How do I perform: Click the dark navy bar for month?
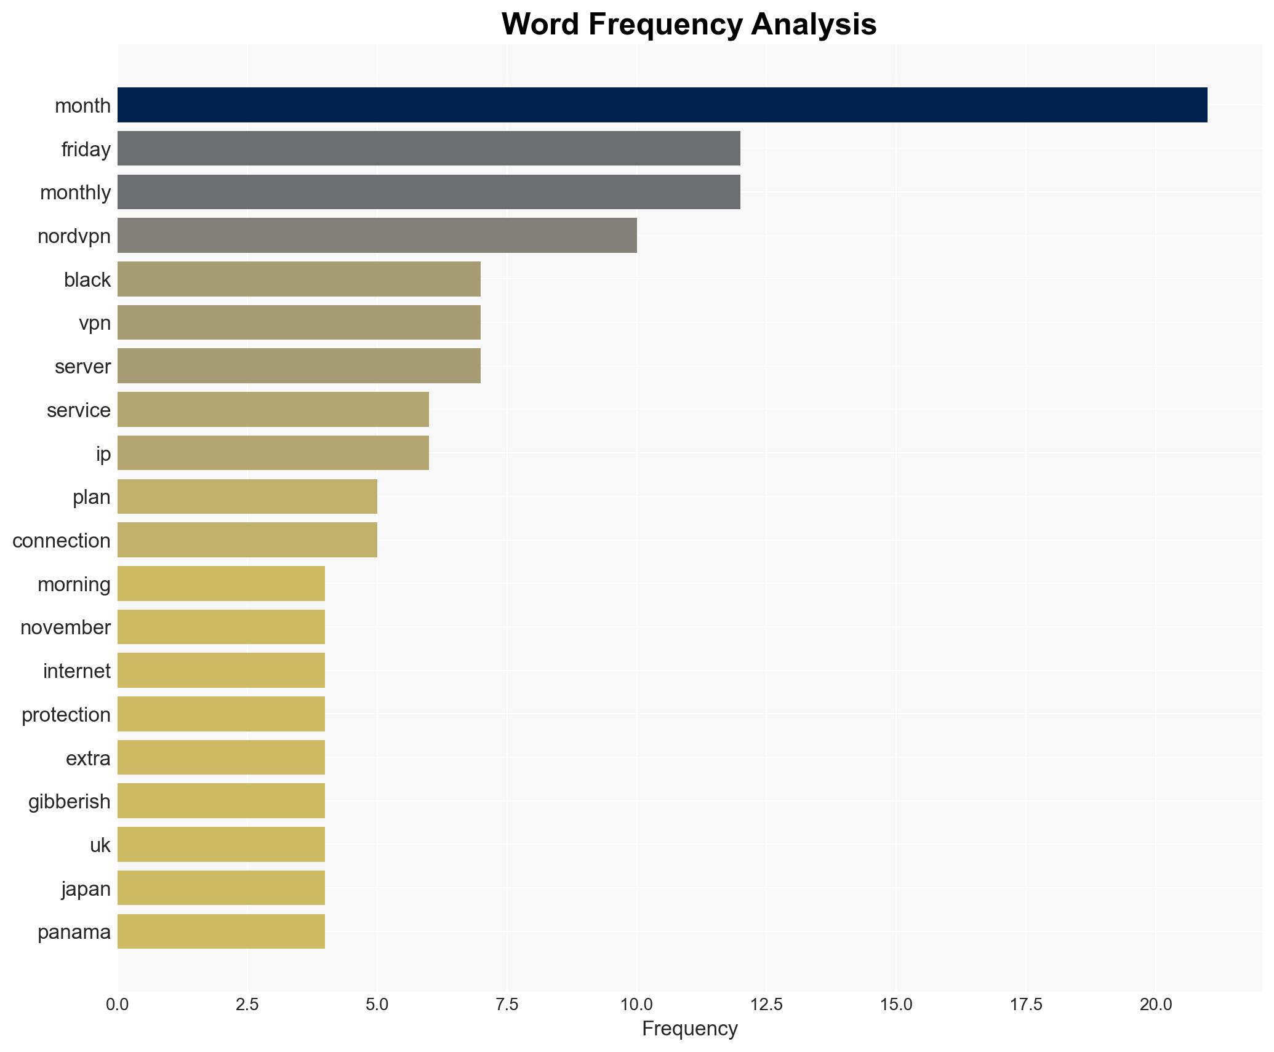[x=662, y=105]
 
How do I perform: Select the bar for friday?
[x=428, y=148]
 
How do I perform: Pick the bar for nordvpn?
[x=377, y=236]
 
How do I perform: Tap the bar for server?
[x=298, y=366]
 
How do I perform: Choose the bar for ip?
[x=273, y=453]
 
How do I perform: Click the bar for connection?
[x=247, y=540]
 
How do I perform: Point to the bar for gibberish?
[x=221, y=801]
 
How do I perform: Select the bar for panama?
[x=221, y=931]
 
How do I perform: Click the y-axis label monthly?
[x=75, y=193]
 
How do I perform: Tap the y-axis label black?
[x=87, y=280]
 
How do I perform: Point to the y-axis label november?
[x=65, y=628]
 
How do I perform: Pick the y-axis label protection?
[x=66, y=715]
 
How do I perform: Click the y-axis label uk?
[x=100, y=845]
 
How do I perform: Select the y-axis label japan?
[x=86, y=889]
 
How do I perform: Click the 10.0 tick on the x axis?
[x=636, y=1005]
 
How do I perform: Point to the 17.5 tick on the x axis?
[x=1026, y=1005]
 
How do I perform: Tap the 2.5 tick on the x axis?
[x=247, y=1005]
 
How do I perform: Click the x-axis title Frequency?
[x=689, y=1029]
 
